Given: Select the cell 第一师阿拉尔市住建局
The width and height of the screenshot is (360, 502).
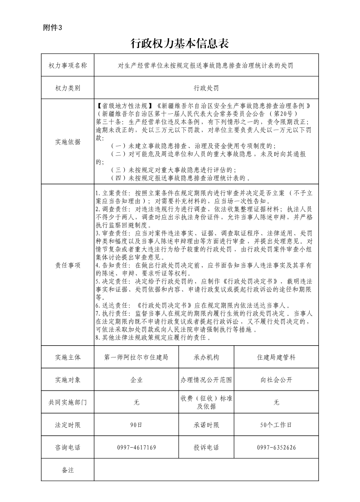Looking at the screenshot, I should click(x=136, y=357).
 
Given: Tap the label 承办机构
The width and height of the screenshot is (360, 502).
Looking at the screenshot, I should click(x=206, y=357).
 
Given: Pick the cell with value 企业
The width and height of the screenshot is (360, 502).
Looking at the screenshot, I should click(x=136, y=380).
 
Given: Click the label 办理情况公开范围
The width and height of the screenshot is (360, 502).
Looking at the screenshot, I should click(x=206, y=380).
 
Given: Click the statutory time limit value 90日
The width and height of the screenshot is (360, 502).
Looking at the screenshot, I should click(x=136, y=425).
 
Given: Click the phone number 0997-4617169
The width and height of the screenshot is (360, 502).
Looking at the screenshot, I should click(x=136, y=448).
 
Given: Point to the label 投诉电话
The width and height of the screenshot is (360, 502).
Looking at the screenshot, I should click(x=206, y=448).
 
